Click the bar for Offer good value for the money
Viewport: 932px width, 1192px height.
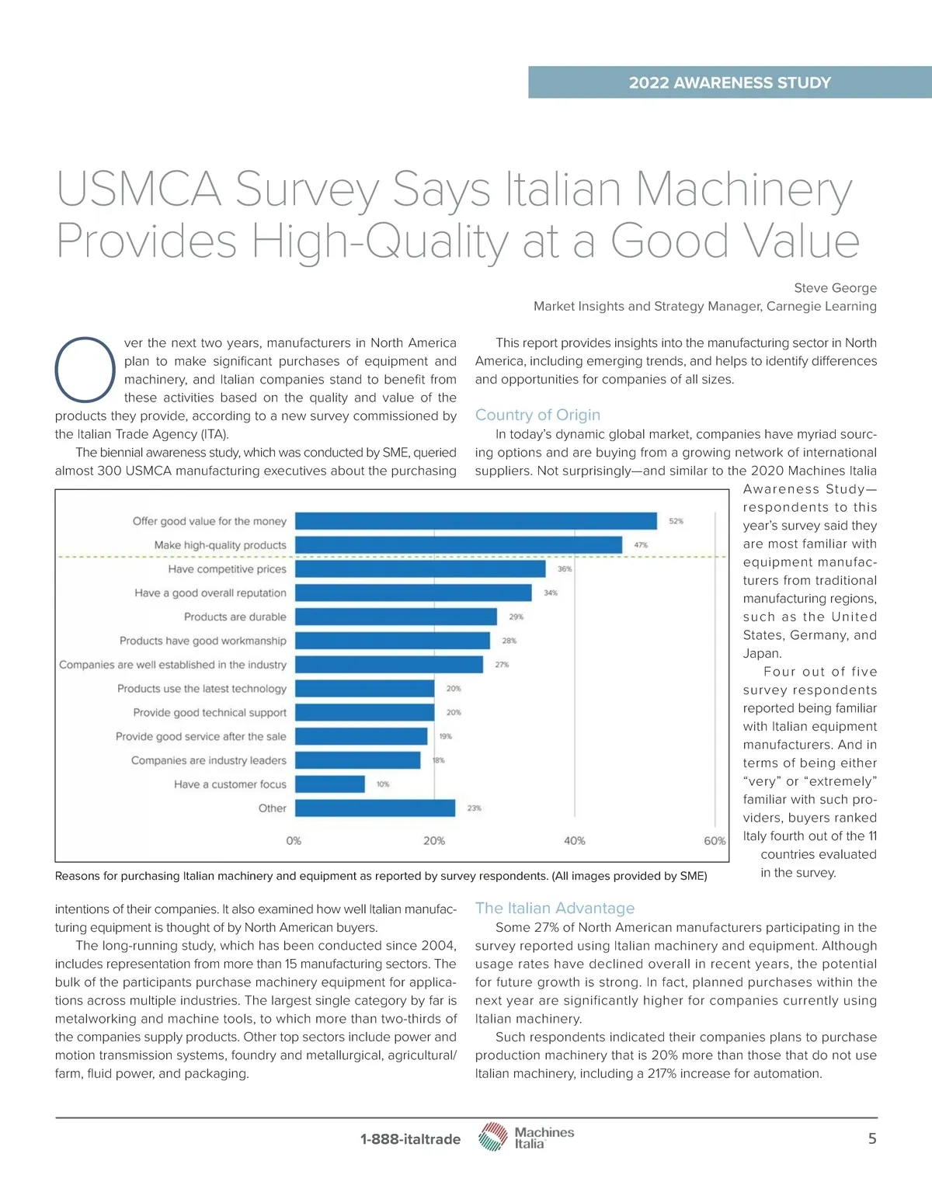pos(475,521)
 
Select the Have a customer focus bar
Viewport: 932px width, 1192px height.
pos(330,784)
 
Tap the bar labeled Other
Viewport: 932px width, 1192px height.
pos(375,808)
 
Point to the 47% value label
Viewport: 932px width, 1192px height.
pos(641,545)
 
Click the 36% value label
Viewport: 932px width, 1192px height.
pos(565,569)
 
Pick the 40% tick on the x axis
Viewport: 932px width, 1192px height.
pos(575,841)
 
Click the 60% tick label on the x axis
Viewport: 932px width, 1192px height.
pos(715,841)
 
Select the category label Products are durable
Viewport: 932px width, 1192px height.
pos(235,617)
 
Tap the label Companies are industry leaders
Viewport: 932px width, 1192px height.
pos(208,760)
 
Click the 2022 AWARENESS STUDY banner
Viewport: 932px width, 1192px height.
pos(729,82)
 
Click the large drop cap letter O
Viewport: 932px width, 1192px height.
pos(85,370)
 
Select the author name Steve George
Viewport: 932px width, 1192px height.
pos(835,288)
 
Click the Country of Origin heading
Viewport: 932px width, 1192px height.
pos(537,415)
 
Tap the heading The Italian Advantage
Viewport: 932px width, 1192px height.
pos(555,908)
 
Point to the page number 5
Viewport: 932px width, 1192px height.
pos(872,1138)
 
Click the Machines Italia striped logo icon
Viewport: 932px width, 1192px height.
pos(492,1137)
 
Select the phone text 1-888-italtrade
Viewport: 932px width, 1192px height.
pos(410,1139)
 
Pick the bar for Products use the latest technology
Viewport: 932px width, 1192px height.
pos(364,689)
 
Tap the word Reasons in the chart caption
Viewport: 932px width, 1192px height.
pos(77,876)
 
